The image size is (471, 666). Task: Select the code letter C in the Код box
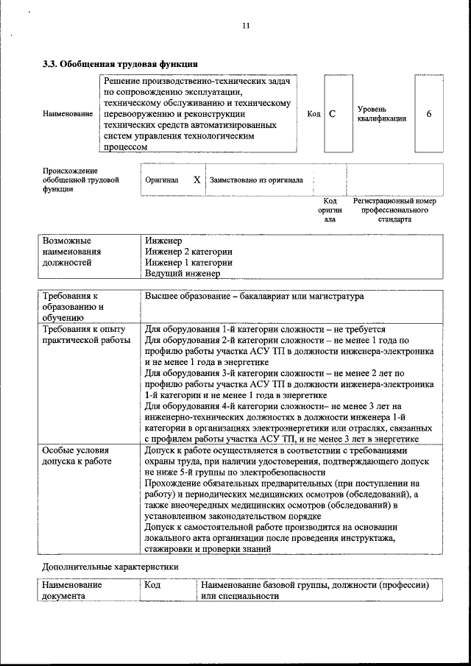tap(331, 114)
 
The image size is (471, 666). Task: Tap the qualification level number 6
tap(428, 114)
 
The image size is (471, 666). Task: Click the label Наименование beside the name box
tap(68, 114)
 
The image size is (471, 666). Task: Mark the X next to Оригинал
tap(196, 179)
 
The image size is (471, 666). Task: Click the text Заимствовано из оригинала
tap(256, 179)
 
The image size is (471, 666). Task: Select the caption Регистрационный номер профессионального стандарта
tap(394, 210)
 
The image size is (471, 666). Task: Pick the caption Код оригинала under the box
tap(330, 210)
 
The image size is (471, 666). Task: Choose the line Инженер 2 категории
tap(188, 251)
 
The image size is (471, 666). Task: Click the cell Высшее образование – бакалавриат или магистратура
tap(254, 297)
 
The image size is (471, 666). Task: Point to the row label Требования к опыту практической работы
tap(85, 335)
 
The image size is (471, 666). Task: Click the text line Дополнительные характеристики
tap(110, 567)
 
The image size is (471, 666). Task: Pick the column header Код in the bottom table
tap(152, 585)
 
